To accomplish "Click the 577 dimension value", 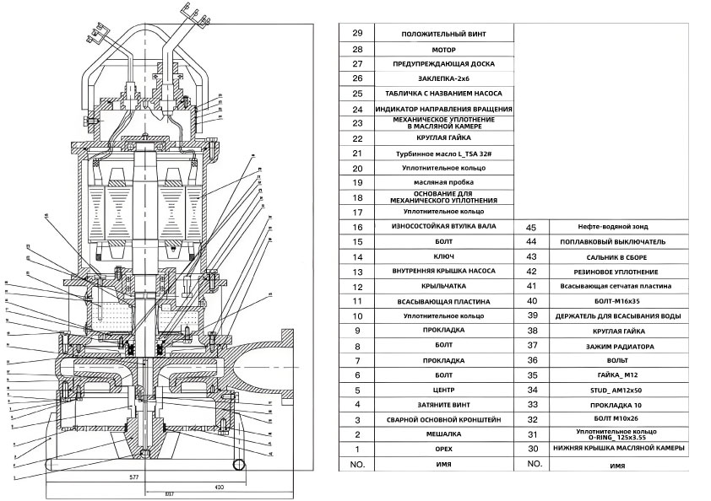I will tap(133, 477).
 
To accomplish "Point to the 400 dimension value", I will tap(220, 488).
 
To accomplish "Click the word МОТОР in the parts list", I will tap(442, 49).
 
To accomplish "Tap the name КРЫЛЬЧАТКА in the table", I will tap(442, 286).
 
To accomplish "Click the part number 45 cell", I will tap(532, 227).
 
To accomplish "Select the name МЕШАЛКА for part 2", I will tap(442, 434).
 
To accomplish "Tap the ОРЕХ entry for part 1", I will tap(442, 449).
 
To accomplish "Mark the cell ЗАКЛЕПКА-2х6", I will tap(442, 78).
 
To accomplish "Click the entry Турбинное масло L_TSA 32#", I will tap(442, 154).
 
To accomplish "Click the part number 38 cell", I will tap(532, 331).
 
